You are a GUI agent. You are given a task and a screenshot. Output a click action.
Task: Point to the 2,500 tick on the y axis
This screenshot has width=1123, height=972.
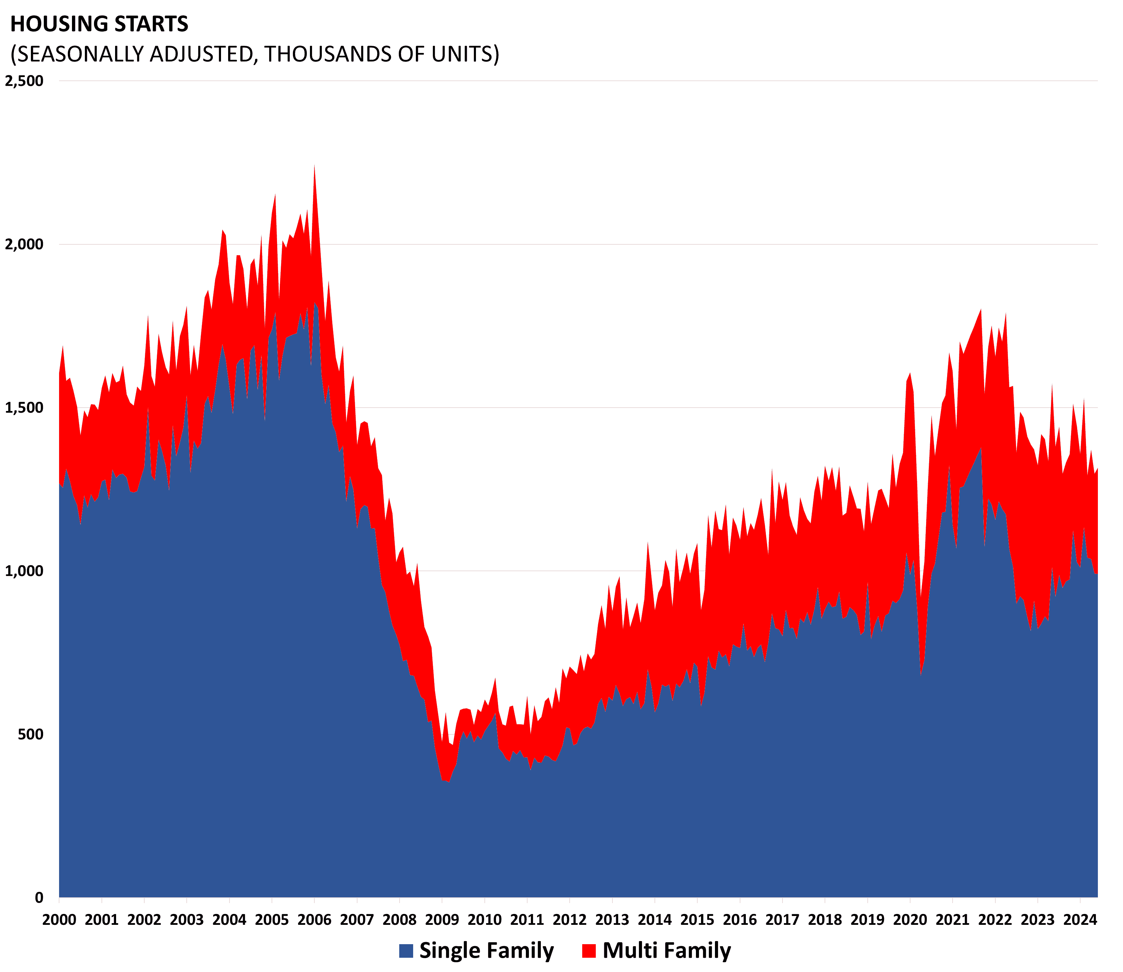coord(24,81)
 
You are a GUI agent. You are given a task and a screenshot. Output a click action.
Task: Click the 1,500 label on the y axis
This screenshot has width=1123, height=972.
coord(24,408)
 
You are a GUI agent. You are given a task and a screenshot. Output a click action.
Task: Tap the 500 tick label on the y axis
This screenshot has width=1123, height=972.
coord(30,734)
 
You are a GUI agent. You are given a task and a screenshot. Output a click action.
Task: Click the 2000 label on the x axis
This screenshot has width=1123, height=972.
coord(59,920)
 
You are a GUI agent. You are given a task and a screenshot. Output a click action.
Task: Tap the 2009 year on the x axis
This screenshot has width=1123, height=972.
coord(442,920)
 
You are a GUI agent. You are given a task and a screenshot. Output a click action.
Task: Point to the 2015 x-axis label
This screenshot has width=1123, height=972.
coord(697,920)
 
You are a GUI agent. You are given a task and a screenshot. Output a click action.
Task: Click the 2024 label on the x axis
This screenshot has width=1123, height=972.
coord(1080,920)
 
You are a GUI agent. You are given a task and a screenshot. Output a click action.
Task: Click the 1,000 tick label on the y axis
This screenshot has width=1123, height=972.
coord(24,571)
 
